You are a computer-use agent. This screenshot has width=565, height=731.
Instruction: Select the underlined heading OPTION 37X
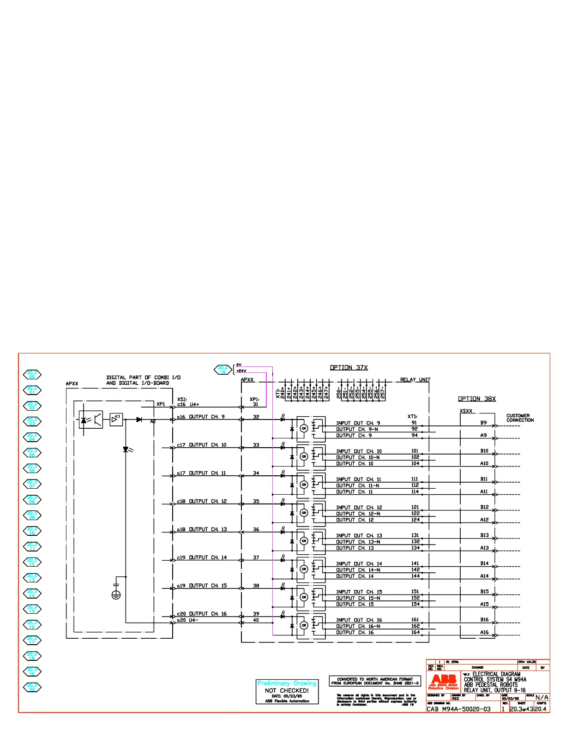pyautogui.click(x=349, y=367)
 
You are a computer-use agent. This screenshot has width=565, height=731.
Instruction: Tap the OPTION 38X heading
pyautogui.click(x=476, y=399)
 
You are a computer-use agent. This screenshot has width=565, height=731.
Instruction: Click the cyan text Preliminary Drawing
pyautogui.click(x=287, y=683)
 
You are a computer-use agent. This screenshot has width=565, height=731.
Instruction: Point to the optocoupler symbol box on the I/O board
pyautogui.click(x=90, y=420)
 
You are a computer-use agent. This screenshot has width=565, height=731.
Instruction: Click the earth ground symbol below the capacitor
pyautogui.click(x=116, y=595)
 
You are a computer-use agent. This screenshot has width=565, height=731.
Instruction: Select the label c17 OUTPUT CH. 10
pyautogui.click(x=202, y=445)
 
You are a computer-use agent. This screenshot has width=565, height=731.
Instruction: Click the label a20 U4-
pyautogui.click(x=187, y=620)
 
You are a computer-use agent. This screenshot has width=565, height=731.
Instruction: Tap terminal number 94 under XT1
pyautogui.click(x=415, y=435)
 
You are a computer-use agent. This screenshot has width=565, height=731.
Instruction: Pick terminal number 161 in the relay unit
pyautogui.click(x=415, y=620)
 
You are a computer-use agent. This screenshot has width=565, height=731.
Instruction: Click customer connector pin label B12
pyautogui.click(x=484, y=507)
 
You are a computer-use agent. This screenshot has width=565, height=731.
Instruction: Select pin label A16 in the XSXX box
pyautogui.click(x=484, y=632)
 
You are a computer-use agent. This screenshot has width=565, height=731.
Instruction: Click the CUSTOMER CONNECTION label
pyautogui.click(x=520, y=418)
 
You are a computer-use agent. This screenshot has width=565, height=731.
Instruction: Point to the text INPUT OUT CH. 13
pyautogui.click(x=359, y=535)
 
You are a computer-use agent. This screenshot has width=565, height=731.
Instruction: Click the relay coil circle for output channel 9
pyautogui.click(x=304, y=428)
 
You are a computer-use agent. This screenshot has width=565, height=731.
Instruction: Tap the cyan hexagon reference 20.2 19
pyautogui.click(x=222, y=370)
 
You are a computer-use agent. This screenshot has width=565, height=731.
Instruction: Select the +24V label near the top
pyautogui.click(x=241, y=371)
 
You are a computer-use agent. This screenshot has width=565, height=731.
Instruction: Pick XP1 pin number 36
pyautogui.click(x=256, y=529)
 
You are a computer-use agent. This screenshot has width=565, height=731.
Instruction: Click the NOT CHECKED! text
pyautogui.click(x=287, y=690)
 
